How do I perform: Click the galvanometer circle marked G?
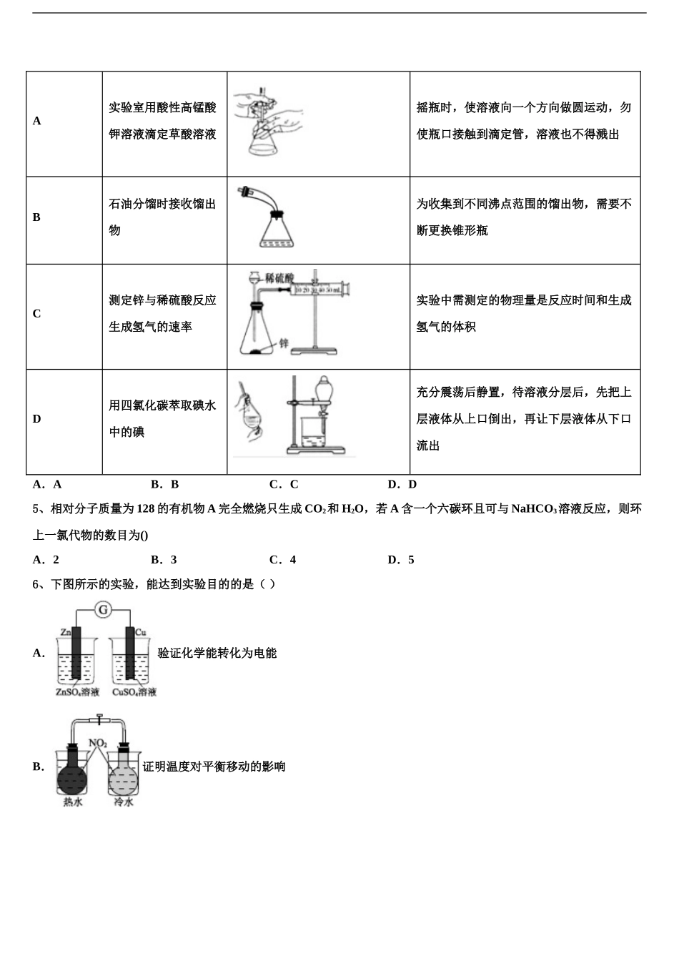104,609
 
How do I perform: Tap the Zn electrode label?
65,632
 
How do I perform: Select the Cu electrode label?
141,632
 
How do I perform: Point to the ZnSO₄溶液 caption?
78,692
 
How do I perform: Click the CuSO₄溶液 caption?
134,692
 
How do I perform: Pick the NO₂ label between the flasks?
98,743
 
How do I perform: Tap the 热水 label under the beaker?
73,802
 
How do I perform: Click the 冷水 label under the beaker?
124,802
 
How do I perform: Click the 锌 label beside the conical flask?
283,343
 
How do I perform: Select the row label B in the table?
37,217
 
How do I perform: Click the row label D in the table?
37,419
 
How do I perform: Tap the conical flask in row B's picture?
275,232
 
